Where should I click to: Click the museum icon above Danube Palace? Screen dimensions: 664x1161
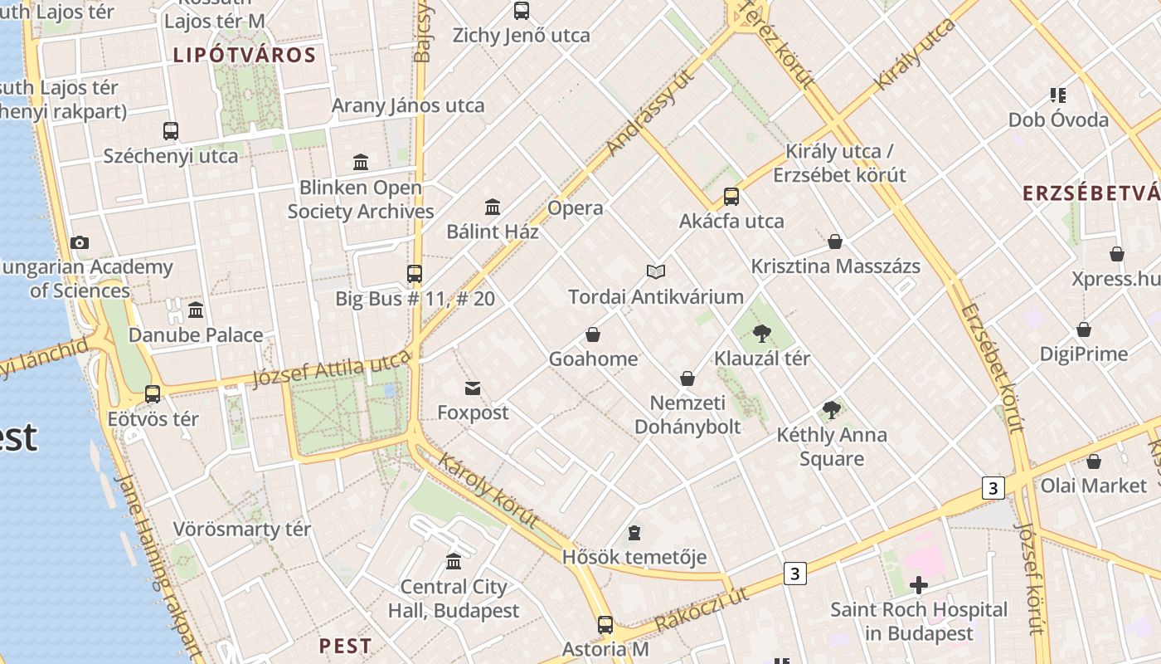pos(196,310)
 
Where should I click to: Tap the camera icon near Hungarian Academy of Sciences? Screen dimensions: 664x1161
pos(80,243)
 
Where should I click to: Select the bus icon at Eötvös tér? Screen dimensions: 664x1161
pos(153,394)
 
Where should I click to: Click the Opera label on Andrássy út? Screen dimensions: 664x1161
pos(576,208)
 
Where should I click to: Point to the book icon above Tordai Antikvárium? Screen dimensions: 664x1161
pos(656,271)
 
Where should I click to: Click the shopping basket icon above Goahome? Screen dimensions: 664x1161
pos(593,334)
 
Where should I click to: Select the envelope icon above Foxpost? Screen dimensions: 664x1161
pos(473,388)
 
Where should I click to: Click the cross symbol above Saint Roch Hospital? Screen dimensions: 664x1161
pos(918,585)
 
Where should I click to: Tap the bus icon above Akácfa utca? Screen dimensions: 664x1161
pos(731,197)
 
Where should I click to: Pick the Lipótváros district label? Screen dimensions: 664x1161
pos(245,56)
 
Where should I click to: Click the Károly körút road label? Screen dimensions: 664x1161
pos(488,491)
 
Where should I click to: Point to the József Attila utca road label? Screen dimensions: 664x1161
pos(331,369)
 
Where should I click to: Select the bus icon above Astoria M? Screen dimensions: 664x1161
pos(605,625)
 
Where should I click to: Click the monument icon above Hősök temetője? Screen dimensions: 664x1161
pos(634,532)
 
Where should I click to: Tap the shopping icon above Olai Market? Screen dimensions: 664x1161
pos(1094,461)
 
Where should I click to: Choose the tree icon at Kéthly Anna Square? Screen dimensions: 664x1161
pos(831,409)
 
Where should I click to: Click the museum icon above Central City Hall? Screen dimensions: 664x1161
pos(454,562)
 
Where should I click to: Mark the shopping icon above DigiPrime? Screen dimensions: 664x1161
pos(1083,330)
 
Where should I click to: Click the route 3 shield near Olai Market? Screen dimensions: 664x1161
pos(993,487)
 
